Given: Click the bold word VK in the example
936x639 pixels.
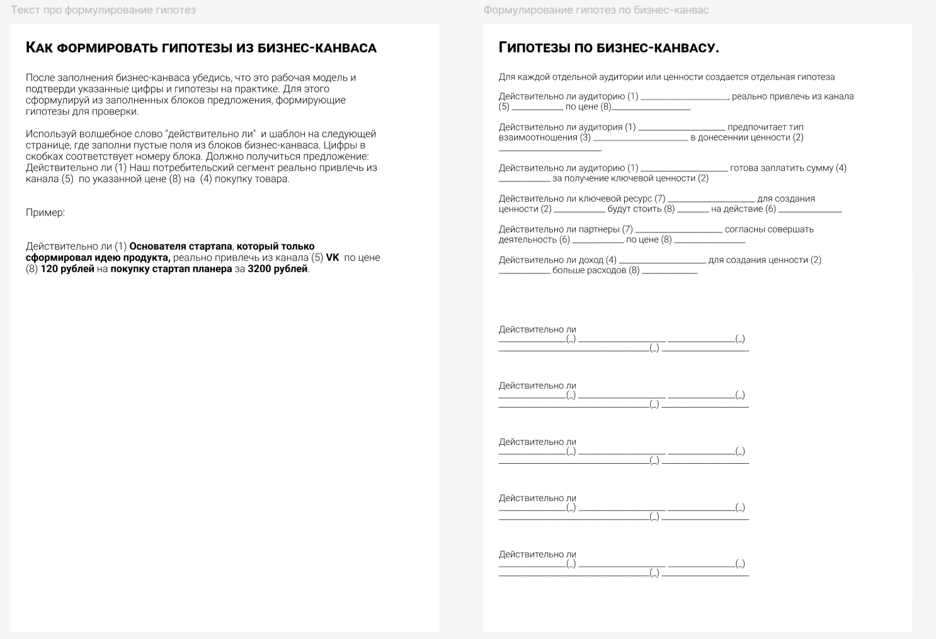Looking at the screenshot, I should coord(332,258).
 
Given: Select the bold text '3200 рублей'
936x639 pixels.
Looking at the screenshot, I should coord(278,269).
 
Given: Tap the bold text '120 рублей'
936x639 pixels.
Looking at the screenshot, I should coord(67,269).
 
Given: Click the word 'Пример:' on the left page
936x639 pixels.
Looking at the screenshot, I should coord(45,213).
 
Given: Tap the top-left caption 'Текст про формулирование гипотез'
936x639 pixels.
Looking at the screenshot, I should coord(103,10).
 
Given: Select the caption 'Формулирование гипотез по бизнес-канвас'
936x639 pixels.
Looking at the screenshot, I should coord(596,10).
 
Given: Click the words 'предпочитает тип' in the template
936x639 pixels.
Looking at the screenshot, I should coord(765,127).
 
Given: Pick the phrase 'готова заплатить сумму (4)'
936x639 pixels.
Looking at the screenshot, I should coord(788,168).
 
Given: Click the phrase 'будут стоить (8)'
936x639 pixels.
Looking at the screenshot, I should coord(641,209).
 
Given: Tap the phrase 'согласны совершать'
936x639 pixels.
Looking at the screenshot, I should coord(769,229).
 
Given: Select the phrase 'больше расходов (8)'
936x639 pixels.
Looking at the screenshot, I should coord(596,270).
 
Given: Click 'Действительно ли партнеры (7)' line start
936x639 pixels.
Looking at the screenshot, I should coord(566,229).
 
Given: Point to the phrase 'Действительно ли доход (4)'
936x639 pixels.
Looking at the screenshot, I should coord(557,260).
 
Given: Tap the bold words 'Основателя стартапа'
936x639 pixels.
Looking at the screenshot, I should coord(181,246).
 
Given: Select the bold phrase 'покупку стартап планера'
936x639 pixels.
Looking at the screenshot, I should coord(171,269).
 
